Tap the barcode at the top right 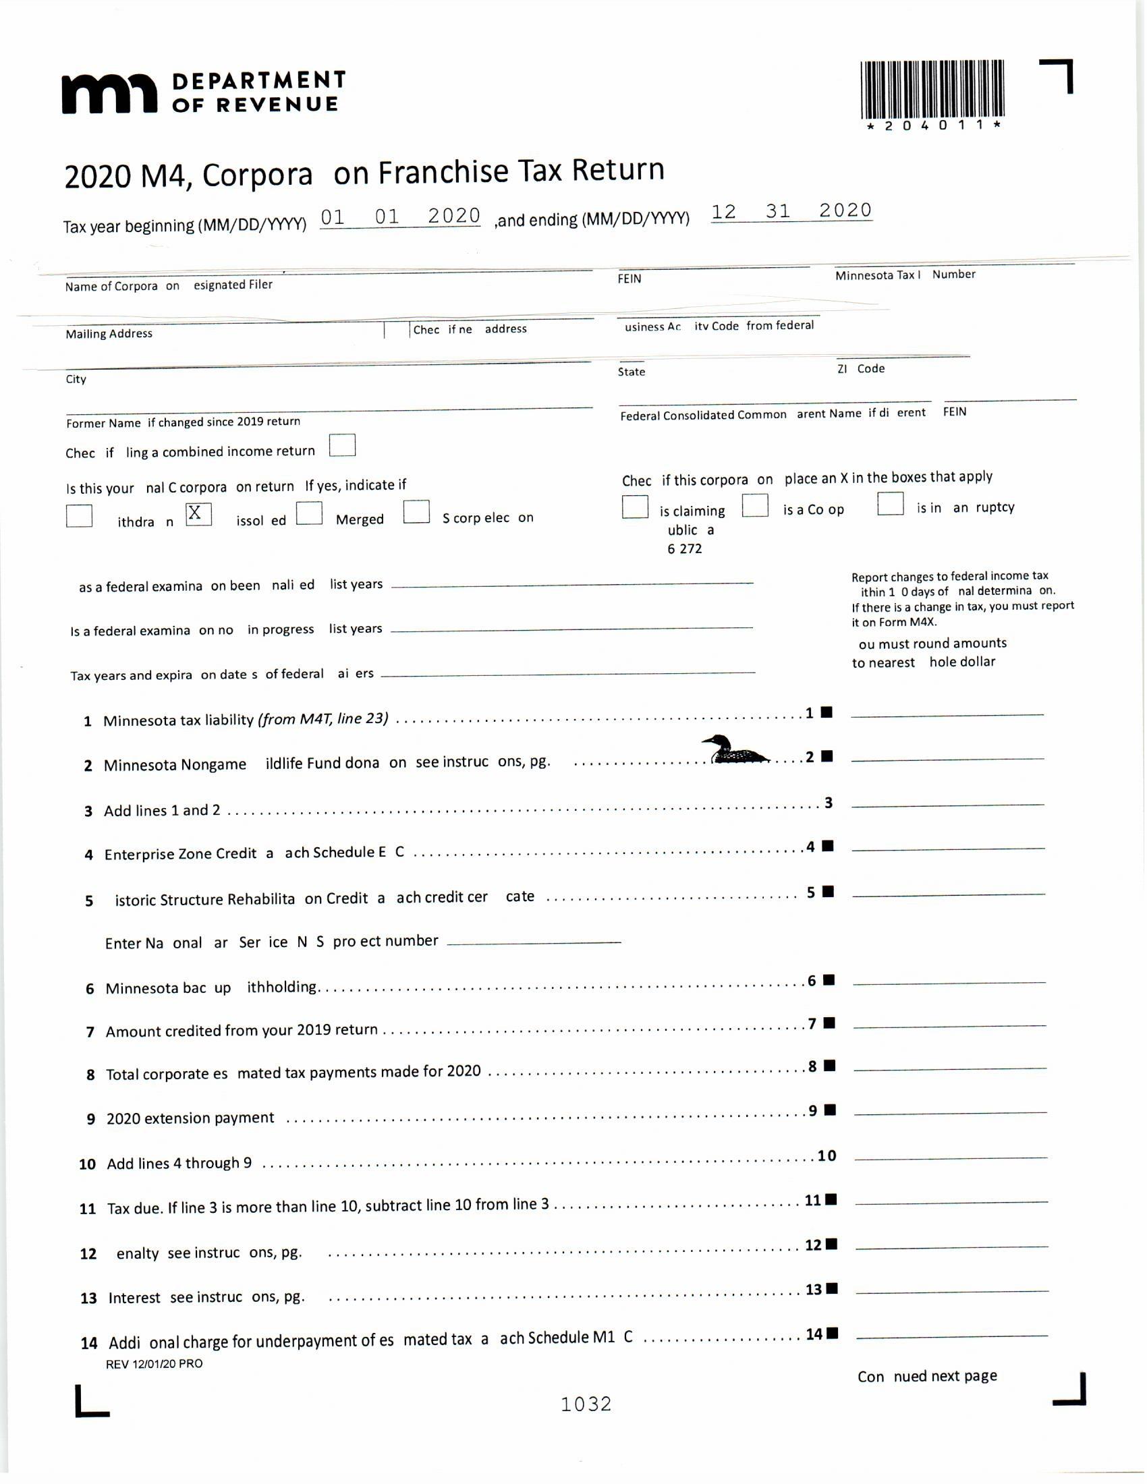coord(932,90)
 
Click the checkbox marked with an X coord(198,514)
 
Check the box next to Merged coord(309,513)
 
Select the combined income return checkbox coord(343,446)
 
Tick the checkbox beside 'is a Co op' coord(755,505)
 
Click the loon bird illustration coord(735,750)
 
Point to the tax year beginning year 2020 coord(454,216)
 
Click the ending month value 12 coord(724,212)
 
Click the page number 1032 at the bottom coord(586,1404)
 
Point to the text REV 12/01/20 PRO coord(155,1364)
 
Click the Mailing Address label coord(109,334)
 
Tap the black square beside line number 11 coord(832,1199)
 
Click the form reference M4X coord(922,622)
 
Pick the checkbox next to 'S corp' coord(416,512)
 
